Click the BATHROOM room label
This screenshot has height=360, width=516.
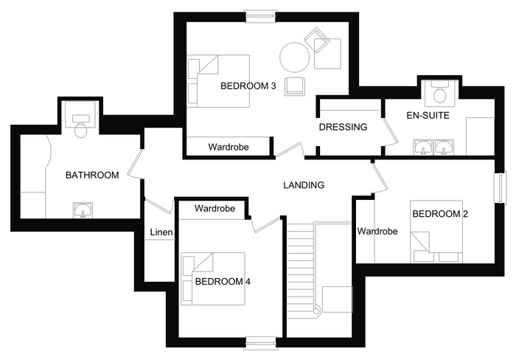(92, 175)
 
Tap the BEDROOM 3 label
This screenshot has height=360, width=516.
(248, 86)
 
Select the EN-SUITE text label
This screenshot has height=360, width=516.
(428, 115)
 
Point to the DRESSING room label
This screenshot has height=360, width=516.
(343, 127)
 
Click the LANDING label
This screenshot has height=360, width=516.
(304, 185)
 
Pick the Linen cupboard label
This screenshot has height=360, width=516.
(161, 232)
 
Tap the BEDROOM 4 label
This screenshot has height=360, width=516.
(223, 282)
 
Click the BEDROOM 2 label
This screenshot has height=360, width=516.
(440, 214)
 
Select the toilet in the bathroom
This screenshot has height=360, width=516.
(80, 125)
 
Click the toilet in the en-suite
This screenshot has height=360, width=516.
(440, 91)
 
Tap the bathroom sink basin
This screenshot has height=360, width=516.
(83, 210)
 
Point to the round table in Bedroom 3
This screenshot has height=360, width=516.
(295, 58)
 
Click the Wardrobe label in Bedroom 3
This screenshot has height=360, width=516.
(229, 147)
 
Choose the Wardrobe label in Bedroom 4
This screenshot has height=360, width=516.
(215, 209)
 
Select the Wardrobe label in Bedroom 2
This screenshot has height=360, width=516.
(377, 231)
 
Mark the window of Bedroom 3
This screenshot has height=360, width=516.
(261, 16)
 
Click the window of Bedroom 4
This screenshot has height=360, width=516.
(261, 342)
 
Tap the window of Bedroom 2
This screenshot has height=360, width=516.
(500, 187)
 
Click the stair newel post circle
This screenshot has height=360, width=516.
(316, 311)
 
